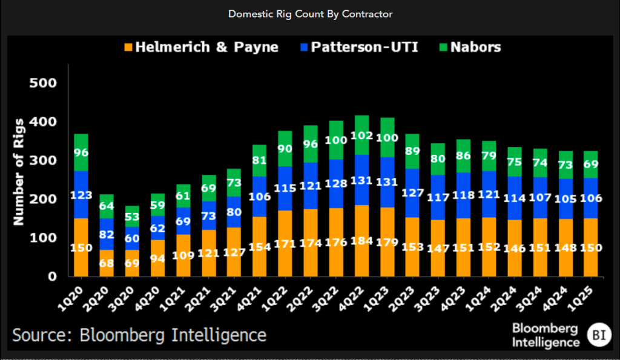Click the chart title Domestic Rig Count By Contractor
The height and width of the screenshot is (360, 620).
pyautogui.click(x=309, y=13)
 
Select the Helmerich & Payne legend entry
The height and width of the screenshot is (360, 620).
pyautogui.click(x=200, y=47)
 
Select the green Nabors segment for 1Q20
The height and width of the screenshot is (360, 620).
pyautogui.click(x=81, y=152)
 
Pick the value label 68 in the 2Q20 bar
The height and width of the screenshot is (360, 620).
pyautogui.click(x=107, y=264)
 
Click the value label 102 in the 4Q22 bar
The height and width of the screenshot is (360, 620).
pyautogui.click(x=361, y=134)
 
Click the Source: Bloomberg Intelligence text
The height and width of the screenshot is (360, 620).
pyautogui.click(x=139, y=335)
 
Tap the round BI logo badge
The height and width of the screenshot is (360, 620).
pyautogui.click(x=598, y=334)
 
